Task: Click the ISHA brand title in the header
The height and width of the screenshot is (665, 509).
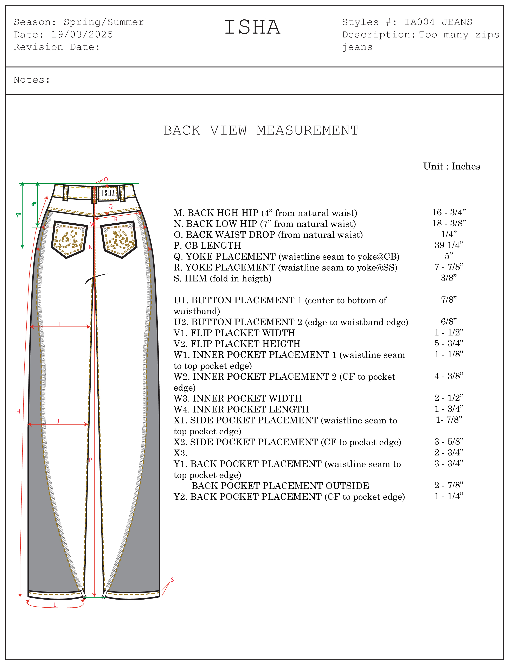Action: coord(252,27)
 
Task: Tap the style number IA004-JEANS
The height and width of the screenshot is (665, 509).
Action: coord(438,22)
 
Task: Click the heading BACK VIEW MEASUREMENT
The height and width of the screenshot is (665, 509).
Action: coord(261,130)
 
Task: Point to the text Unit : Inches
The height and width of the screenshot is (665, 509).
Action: coord(451,166)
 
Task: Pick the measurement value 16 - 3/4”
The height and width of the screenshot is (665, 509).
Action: coord(449,212)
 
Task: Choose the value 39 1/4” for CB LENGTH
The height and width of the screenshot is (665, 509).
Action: coord(449,245)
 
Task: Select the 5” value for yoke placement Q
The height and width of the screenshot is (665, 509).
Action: coord(449,256)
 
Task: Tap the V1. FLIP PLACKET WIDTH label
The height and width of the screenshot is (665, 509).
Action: coord(234,333)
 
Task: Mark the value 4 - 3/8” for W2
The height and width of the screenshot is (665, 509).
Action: coord(449,376)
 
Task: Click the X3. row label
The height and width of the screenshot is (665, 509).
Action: coord(180,453)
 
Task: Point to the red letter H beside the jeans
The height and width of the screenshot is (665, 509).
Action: coord(18,411)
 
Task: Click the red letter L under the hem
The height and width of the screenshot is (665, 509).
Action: coord(55,605)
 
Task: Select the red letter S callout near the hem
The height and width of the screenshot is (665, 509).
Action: coord(172,580)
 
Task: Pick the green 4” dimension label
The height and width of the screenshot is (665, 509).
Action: coord(34,204)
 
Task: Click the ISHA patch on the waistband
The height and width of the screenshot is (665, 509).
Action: coord(108,193)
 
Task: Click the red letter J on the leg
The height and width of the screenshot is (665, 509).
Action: coord(58,421)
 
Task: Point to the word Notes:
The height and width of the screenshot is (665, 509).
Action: coord(32,80)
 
